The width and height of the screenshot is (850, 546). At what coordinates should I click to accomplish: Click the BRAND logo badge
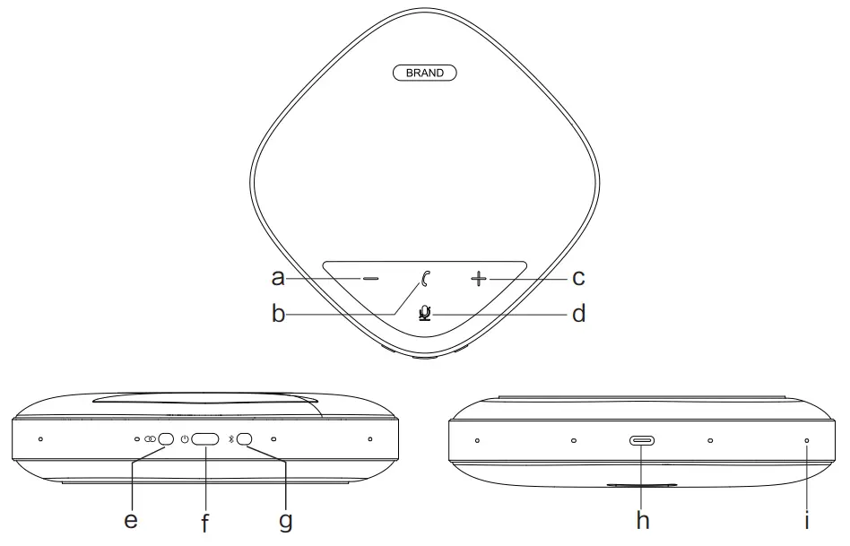click(x=425, y=73)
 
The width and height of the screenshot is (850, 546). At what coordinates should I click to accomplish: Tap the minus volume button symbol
click(x=370, y=279)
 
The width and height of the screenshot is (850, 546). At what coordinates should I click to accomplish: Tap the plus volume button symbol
click(x=479, y=280)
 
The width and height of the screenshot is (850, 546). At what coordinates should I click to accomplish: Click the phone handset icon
click(x=425, y=279)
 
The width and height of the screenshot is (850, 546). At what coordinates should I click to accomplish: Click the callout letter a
click(x=278, y=278)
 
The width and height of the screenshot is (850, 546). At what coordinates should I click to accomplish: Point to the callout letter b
click(x=278, y=315)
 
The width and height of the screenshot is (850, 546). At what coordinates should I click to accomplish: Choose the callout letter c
click(x=578, y=278)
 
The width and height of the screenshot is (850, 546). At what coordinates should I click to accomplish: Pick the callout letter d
click(x=578, y=314)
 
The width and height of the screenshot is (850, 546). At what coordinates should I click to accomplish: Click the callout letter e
click(x=131, y=520)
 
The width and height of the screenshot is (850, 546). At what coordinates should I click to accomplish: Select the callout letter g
click(x=285, y=521)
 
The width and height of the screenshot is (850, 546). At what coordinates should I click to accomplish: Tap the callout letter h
click(x=642, y=519)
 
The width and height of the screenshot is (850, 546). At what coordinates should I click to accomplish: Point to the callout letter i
click(x=807, y=519)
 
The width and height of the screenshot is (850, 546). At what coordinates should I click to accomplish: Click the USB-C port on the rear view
click(x=642, y=441)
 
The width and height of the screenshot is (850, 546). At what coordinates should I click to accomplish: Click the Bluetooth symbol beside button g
click(x=230, y=439)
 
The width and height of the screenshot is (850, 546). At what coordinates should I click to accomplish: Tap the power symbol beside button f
click(x=184, y=439)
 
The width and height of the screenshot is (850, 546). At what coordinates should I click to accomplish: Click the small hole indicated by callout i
click(x=806, y=441)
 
